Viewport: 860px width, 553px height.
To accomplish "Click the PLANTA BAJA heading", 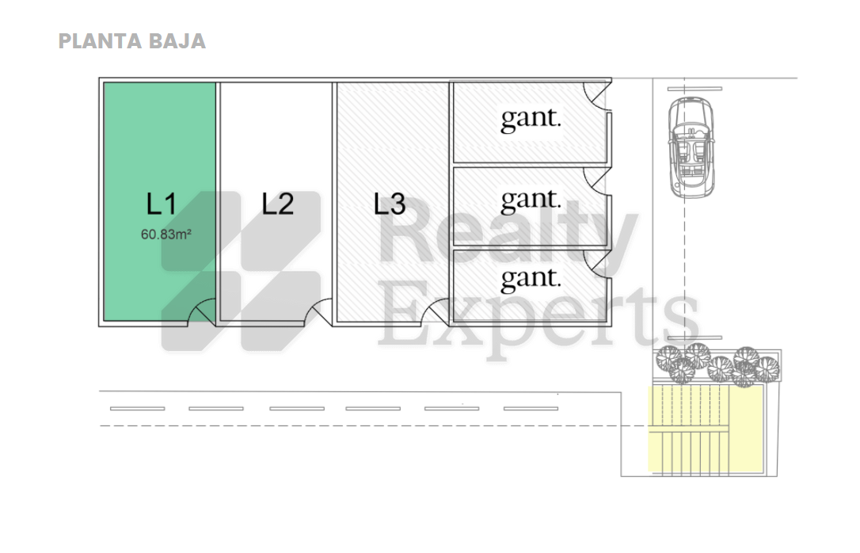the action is click(132, 42).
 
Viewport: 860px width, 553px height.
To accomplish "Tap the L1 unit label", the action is click(162, 204).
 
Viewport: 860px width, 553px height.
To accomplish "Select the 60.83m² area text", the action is click(166, 235).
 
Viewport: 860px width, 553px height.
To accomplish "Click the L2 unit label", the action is click(277, 204).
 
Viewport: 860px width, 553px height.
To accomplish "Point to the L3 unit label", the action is click(390, 204).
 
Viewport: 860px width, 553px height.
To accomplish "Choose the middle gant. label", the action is click(531, 200).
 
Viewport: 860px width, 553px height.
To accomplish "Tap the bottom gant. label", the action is click(531, 279).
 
